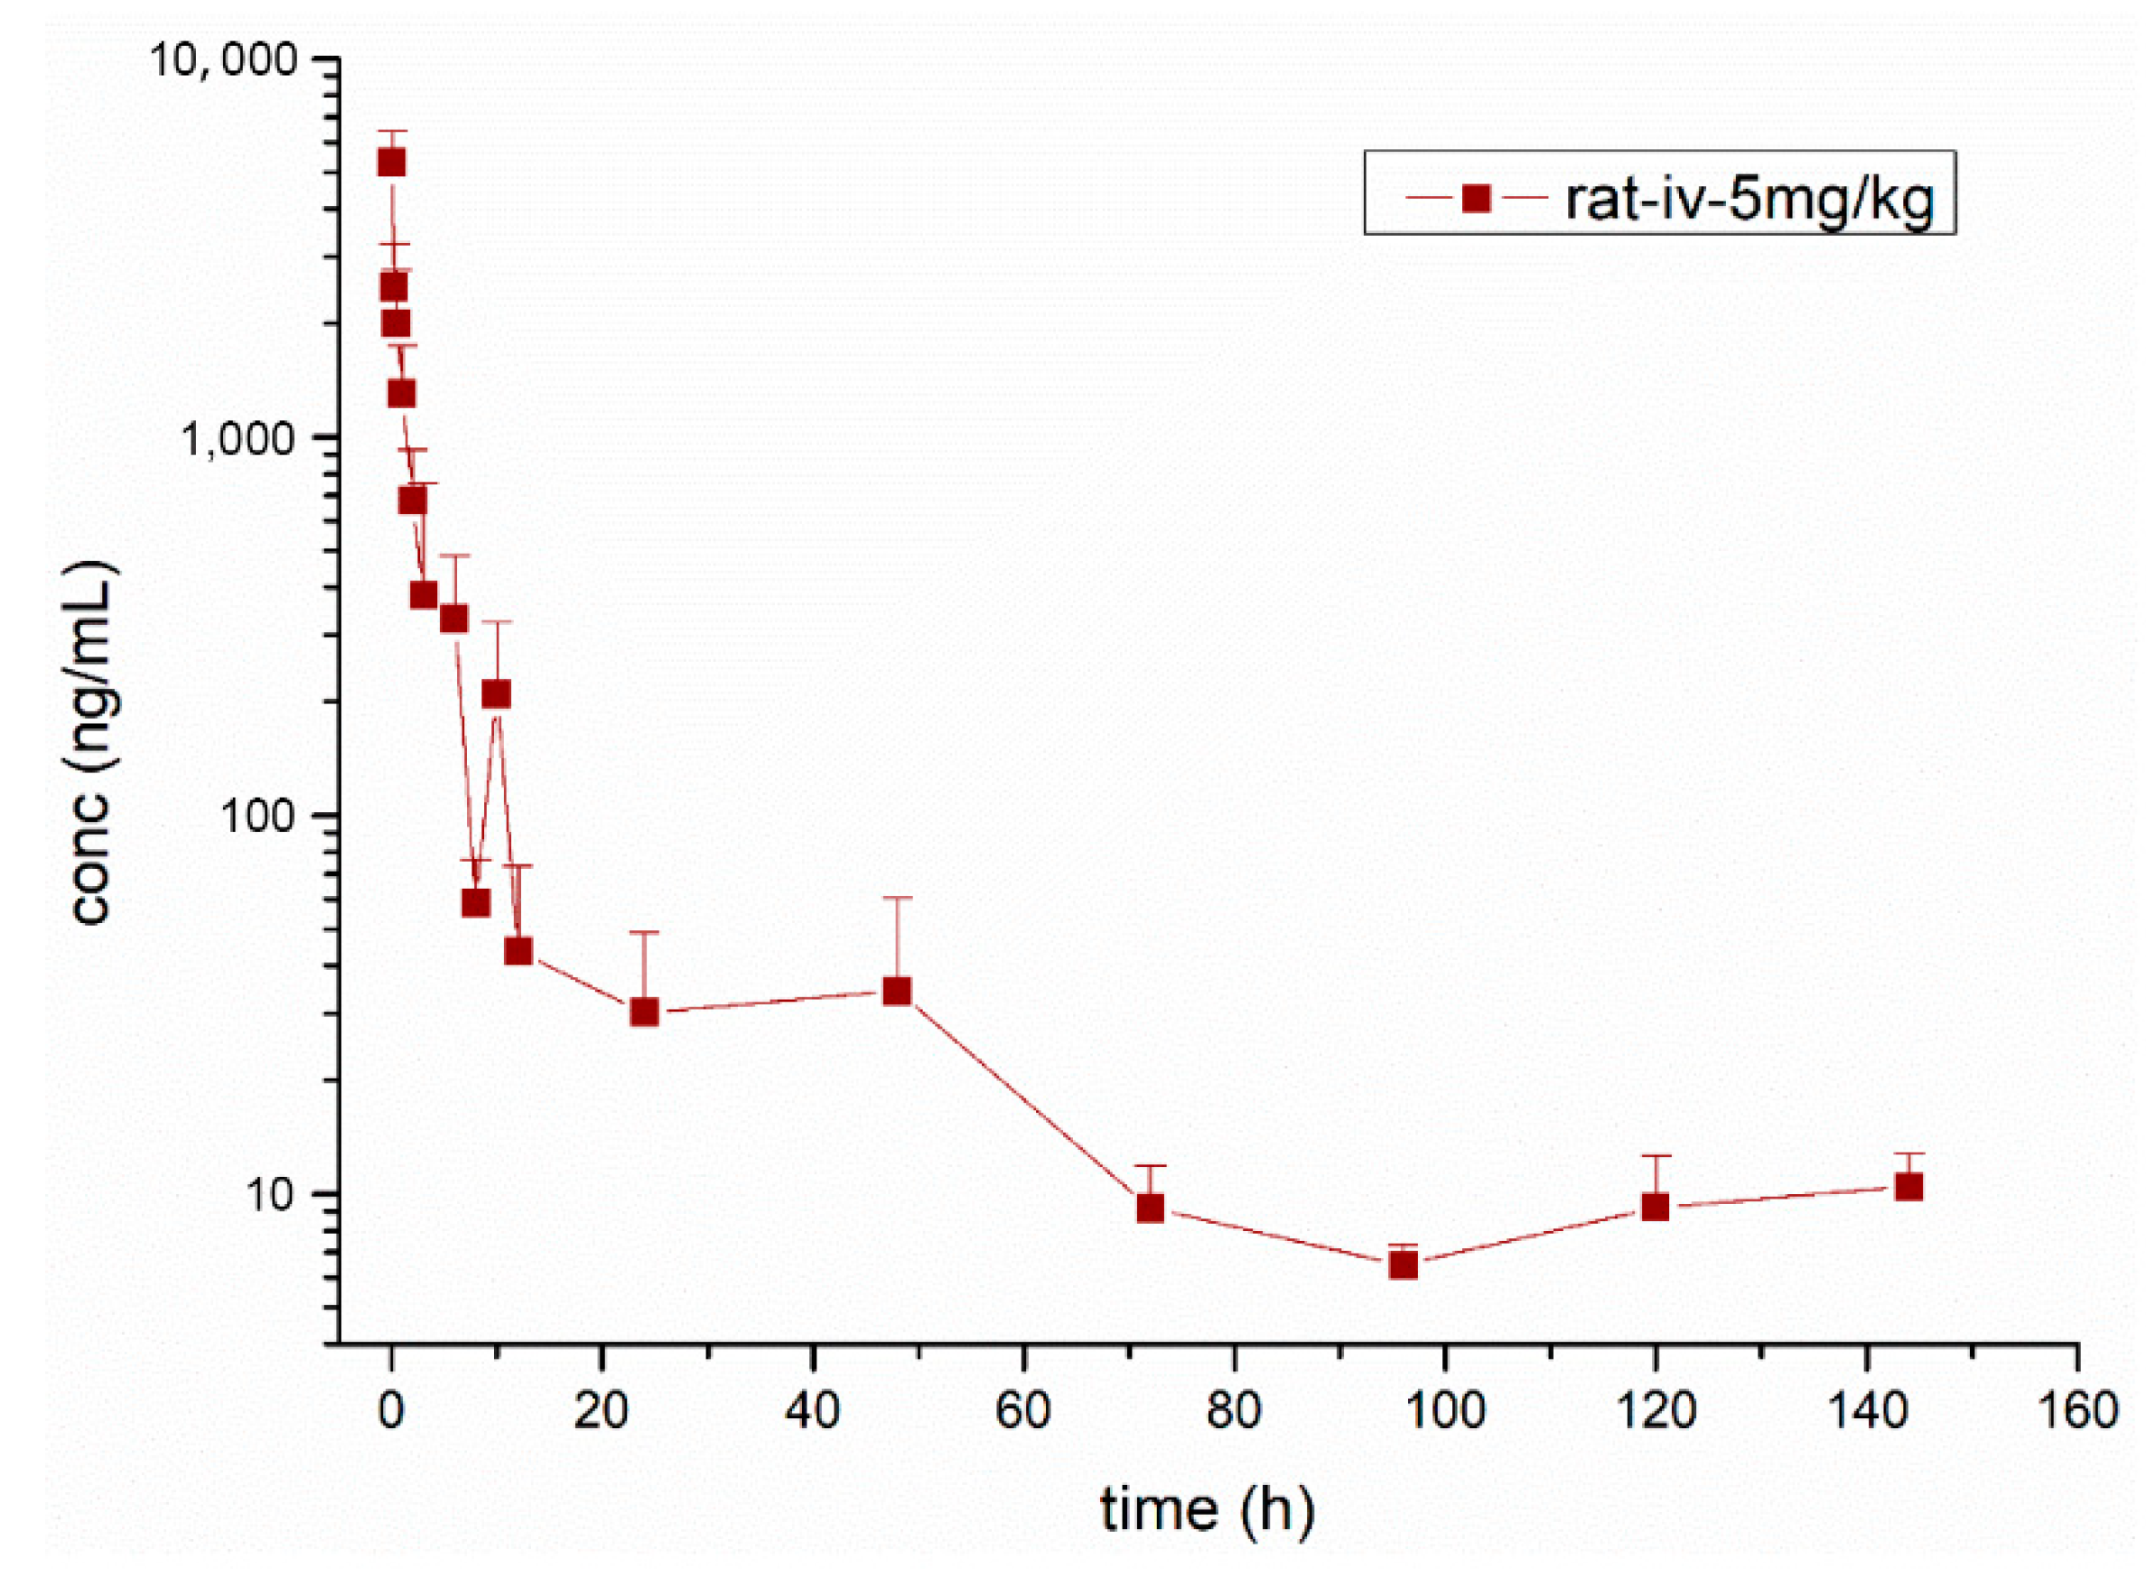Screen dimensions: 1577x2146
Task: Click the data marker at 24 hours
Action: click(x=644, y=1012)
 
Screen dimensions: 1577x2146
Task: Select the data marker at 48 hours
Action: click(x=896, y=991)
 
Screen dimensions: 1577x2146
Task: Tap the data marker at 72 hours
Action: click(x=1151, y=1208)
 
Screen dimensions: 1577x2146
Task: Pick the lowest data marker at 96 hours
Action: click(x=1403, y=1264)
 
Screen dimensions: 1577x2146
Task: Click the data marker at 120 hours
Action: click(x=1656, y=1208)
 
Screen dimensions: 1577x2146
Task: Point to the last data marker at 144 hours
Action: click(x=1908, y=1187)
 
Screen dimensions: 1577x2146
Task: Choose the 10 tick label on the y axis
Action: click(x=275, y=1195)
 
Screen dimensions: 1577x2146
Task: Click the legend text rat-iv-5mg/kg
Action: click(x=1749, y=199)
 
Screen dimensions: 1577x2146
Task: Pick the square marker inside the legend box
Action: click(x=1476, y=198)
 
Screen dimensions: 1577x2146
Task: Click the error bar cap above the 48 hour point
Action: click(x=896, y=897)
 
